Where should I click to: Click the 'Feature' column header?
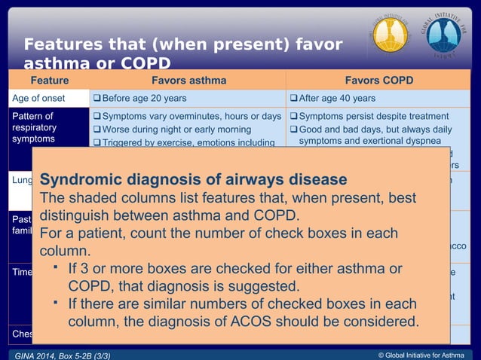pos(49,81)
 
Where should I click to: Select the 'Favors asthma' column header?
pos(186,81)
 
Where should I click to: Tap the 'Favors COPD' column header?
pos(378,81)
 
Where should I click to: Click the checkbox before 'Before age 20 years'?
pos(96,99)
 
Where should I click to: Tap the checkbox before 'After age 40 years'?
pos(293,99)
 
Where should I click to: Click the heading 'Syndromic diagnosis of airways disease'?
pos(193,180)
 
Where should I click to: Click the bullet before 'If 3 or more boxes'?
pos(56,267)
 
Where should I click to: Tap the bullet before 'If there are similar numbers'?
pos(56,303)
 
